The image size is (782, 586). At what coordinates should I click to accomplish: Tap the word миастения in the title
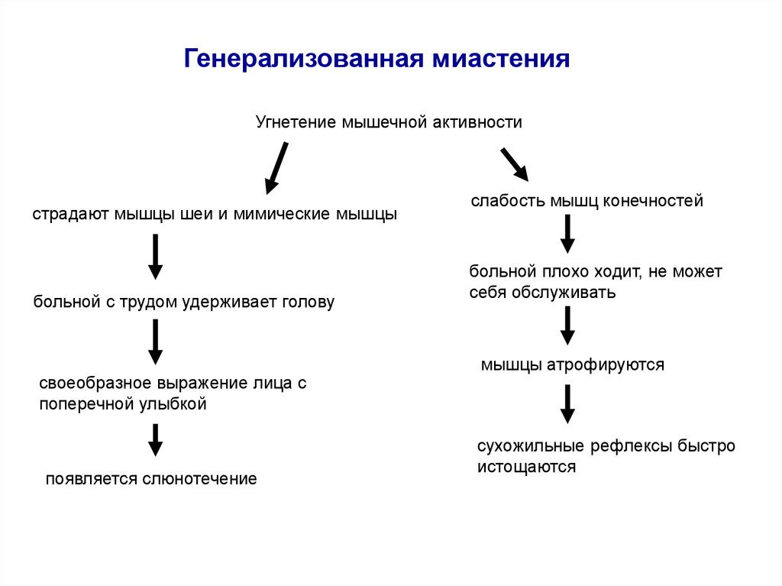pos(502,59)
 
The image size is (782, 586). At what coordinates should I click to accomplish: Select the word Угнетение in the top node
pos(294,122)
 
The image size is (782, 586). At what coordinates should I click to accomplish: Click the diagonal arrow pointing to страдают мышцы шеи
pos(276,168)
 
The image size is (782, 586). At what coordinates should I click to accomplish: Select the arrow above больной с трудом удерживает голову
pos(155,257)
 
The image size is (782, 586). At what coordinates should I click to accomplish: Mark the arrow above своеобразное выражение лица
pos(155,342)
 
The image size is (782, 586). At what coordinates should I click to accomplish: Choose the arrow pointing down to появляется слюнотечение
pos(155,440)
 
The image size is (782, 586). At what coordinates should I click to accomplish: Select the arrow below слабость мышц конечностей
pos(567,234)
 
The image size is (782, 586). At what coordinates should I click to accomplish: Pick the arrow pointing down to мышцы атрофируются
pos(567,325)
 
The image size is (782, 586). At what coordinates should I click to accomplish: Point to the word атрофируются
pos(606,364)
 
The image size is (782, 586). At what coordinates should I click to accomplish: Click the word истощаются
pos(526,466)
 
